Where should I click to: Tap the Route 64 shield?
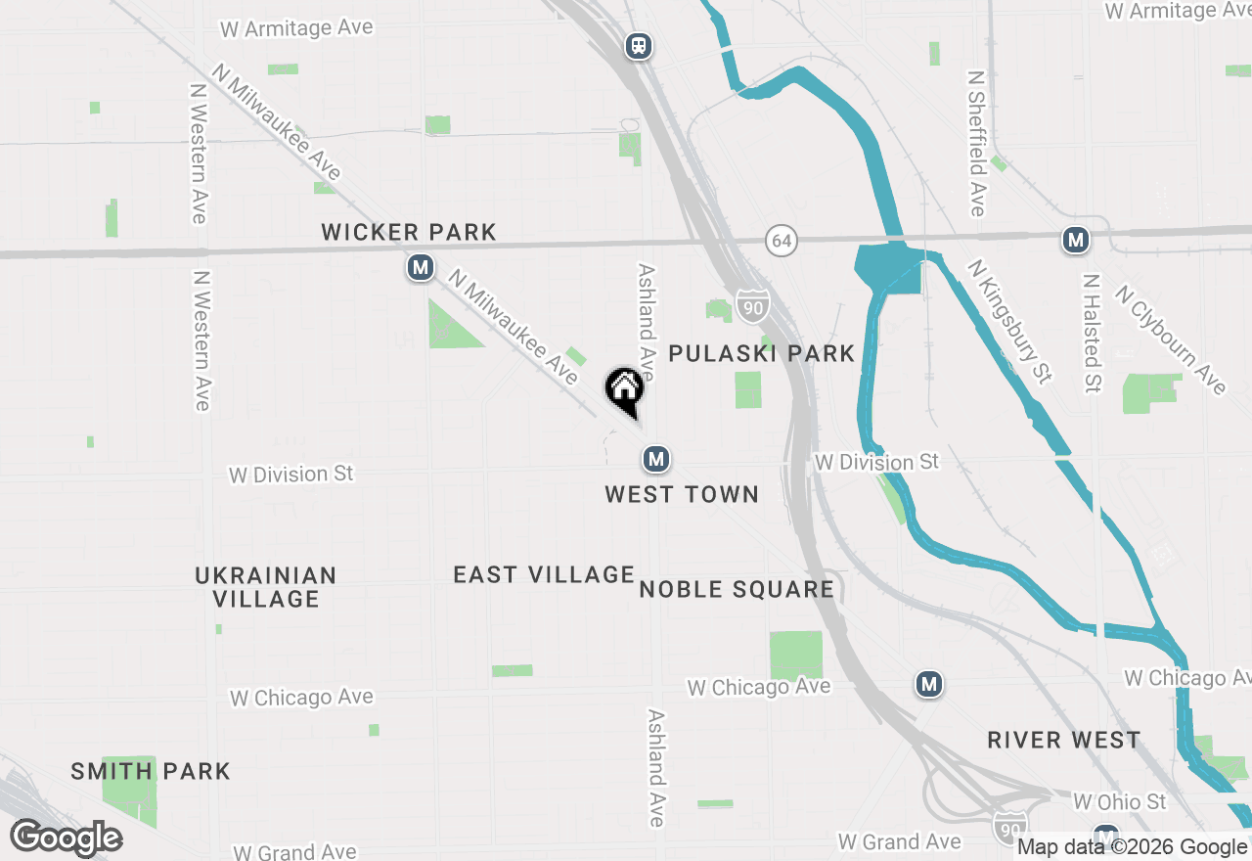tap(780, 241)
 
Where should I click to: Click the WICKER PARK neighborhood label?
tap(409, 233)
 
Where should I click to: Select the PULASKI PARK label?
tap(762, 354)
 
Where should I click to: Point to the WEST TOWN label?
tap(682, 495)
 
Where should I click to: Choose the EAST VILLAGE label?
tap(544, 575)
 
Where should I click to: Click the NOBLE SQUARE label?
tap(737, 589)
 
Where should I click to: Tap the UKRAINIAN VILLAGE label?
tap(265, 587)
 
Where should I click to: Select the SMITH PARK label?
tap(151, 771)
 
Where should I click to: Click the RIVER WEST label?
tap(1063, 740)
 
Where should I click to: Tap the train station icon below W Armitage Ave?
tap(639, 45)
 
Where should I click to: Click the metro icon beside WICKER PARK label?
tap(421, 267)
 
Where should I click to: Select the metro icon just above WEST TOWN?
tap(655, 458)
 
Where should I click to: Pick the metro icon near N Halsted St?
tap(1076, 240)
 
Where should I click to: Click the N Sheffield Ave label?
tap(976, 143)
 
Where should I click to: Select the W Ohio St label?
tap(1119, 802)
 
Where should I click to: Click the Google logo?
tap(67, 838)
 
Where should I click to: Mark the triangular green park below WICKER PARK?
tap(450, 327)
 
